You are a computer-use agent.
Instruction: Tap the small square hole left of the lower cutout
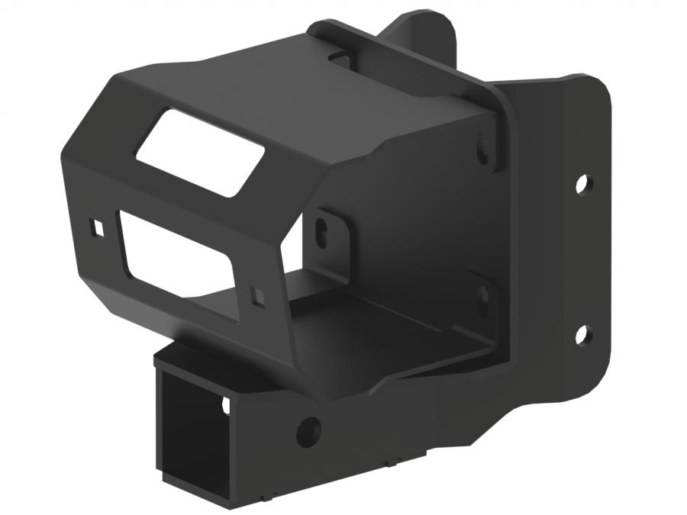point(98,228)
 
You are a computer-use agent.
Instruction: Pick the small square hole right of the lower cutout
point(258,297)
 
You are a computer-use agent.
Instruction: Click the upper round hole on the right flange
point(582,183)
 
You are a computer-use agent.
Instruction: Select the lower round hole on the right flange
point(582,333)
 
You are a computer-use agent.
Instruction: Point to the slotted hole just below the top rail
point(483,150)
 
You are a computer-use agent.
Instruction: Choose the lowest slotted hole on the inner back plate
point(482,298)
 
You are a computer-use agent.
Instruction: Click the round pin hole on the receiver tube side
point(309,432)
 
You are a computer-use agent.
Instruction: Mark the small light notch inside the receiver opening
point(226,406)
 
